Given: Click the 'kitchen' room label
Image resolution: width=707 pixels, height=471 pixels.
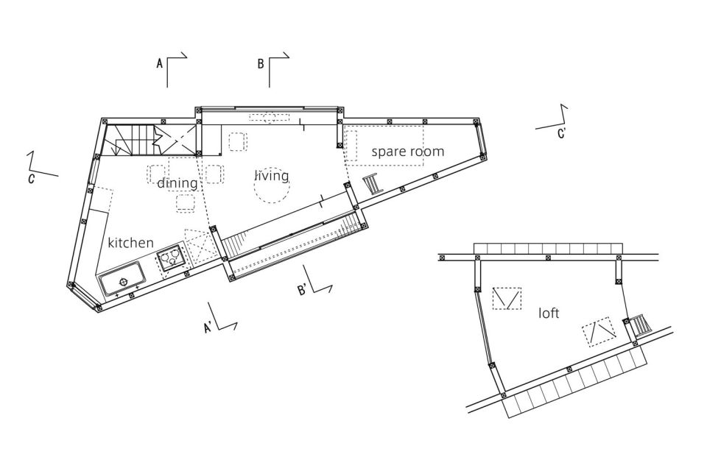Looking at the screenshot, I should tap(130, 242).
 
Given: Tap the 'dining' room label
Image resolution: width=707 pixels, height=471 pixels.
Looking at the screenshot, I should tap(177, 183).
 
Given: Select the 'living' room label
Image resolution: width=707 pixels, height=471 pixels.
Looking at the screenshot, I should tap(272, 176).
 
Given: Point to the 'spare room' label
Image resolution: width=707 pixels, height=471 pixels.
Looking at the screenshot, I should tap(407, 152).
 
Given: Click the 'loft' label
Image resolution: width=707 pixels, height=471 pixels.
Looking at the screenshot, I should tap(549, 314).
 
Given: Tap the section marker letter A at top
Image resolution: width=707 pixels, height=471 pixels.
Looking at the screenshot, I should tap(159, 64).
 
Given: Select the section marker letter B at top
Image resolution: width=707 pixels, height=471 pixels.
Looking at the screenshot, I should tap(261, 64).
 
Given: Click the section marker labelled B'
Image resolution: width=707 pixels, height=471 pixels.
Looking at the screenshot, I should tap(303, 289).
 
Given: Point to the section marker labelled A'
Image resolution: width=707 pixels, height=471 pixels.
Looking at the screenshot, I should tap(209, 328).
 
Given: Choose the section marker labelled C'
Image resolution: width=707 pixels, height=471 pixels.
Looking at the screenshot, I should tap(561, 133).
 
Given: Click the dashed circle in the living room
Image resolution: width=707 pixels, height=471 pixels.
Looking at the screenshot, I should tap(272, 188).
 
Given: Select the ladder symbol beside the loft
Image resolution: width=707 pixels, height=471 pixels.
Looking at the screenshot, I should tap(638, 325).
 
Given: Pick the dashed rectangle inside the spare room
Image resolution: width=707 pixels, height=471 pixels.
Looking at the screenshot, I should tap(384, 146).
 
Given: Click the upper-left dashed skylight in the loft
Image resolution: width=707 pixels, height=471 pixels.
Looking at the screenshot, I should tap(507, 298).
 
